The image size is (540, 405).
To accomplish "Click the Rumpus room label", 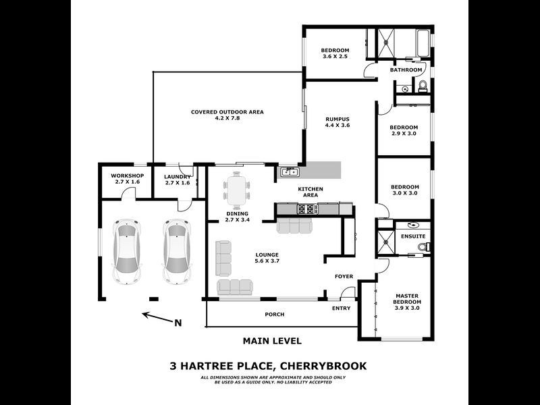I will click(x=337, y=122).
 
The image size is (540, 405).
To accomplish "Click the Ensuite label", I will click(x=413, y=236).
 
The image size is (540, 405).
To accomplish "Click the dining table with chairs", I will click(x=237, y=190).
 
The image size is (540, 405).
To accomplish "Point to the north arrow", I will click(x=159, y=317).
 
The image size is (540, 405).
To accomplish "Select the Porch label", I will click(x=275, y=315).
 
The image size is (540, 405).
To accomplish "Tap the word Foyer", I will click(x=344, y=276).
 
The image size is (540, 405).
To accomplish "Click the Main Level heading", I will click(x=271, y=341).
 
